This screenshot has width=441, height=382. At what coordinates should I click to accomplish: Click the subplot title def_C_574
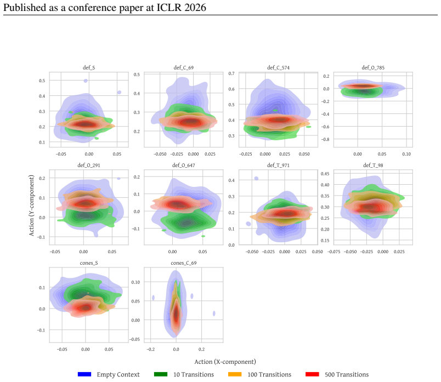[278, 67]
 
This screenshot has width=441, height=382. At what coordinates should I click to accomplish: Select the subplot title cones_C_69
[183, 263]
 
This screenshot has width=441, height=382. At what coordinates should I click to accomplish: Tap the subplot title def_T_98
[373, 165]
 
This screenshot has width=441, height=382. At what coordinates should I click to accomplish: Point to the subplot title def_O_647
[183, 165]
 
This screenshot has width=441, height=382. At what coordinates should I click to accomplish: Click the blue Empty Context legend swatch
[84, 374]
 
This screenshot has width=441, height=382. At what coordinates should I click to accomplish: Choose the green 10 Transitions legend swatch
[161, 374]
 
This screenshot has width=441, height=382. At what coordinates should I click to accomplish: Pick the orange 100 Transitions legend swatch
[235, 374]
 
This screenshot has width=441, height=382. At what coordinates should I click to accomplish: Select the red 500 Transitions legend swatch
[312, 374]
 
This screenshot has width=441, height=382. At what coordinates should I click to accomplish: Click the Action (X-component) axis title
[225, 362]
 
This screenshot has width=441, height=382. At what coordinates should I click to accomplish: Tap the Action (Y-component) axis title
[31, 206]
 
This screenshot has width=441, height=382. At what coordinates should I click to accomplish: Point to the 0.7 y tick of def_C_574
[231, 73]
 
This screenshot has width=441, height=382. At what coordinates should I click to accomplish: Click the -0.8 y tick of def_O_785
[325, 139]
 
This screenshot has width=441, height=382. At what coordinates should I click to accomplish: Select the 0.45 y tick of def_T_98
[325, 173]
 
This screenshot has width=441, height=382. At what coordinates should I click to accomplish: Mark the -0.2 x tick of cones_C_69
[150, 349]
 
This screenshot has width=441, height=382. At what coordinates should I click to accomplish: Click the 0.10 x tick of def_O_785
[406, 154]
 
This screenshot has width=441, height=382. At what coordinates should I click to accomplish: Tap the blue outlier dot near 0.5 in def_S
[86, 81]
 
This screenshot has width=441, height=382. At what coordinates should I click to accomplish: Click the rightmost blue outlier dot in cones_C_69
[214, 313]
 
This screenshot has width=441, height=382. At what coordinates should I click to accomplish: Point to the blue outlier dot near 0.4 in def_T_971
[256, 178]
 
